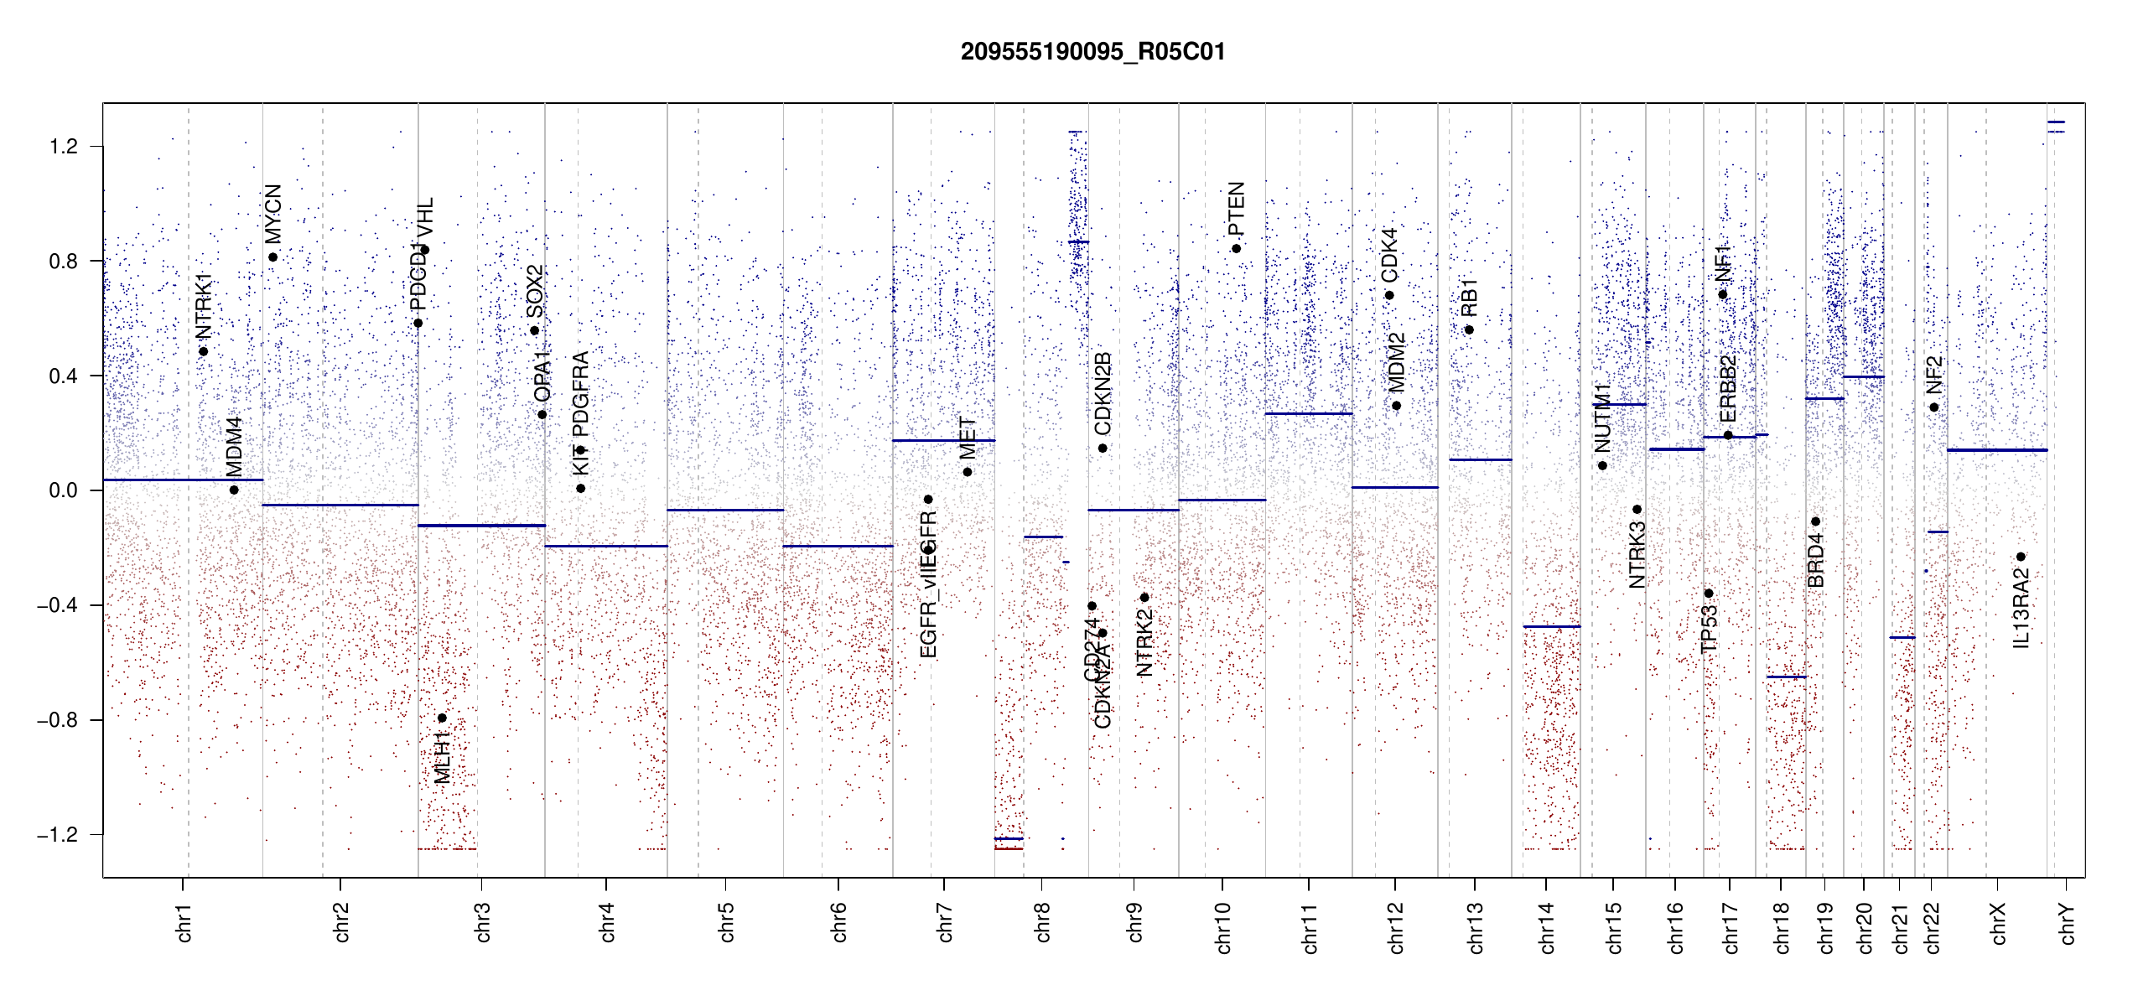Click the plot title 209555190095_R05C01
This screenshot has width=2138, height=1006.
point(1092,52)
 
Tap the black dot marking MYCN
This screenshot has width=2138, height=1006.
point(273,257)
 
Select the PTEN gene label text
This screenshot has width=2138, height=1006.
point(1236,209)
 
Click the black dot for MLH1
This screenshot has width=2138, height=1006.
point(442,718)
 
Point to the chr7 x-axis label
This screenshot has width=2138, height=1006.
point(945,922)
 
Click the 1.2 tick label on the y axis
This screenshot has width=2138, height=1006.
point(63,147)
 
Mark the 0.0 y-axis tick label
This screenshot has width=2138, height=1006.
point(63,490)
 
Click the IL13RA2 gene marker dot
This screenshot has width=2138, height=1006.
point(2021,557)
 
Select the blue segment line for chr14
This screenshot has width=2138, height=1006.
point(1551,626)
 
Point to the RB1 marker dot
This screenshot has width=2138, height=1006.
point(1469,329)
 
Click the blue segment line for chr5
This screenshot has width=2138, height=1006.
point(725,510)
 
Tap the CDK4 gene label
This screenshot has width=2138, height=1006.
point(1389,255)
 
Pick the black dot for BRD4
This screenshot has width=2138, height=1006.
point(1815,521)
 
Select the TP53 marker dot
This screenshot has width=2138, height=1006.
point(1709,594)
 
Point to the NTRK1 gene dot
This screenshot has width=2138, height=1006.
point(204,351)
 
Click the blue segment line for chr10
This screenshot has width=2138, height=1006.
point(1222,500)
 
